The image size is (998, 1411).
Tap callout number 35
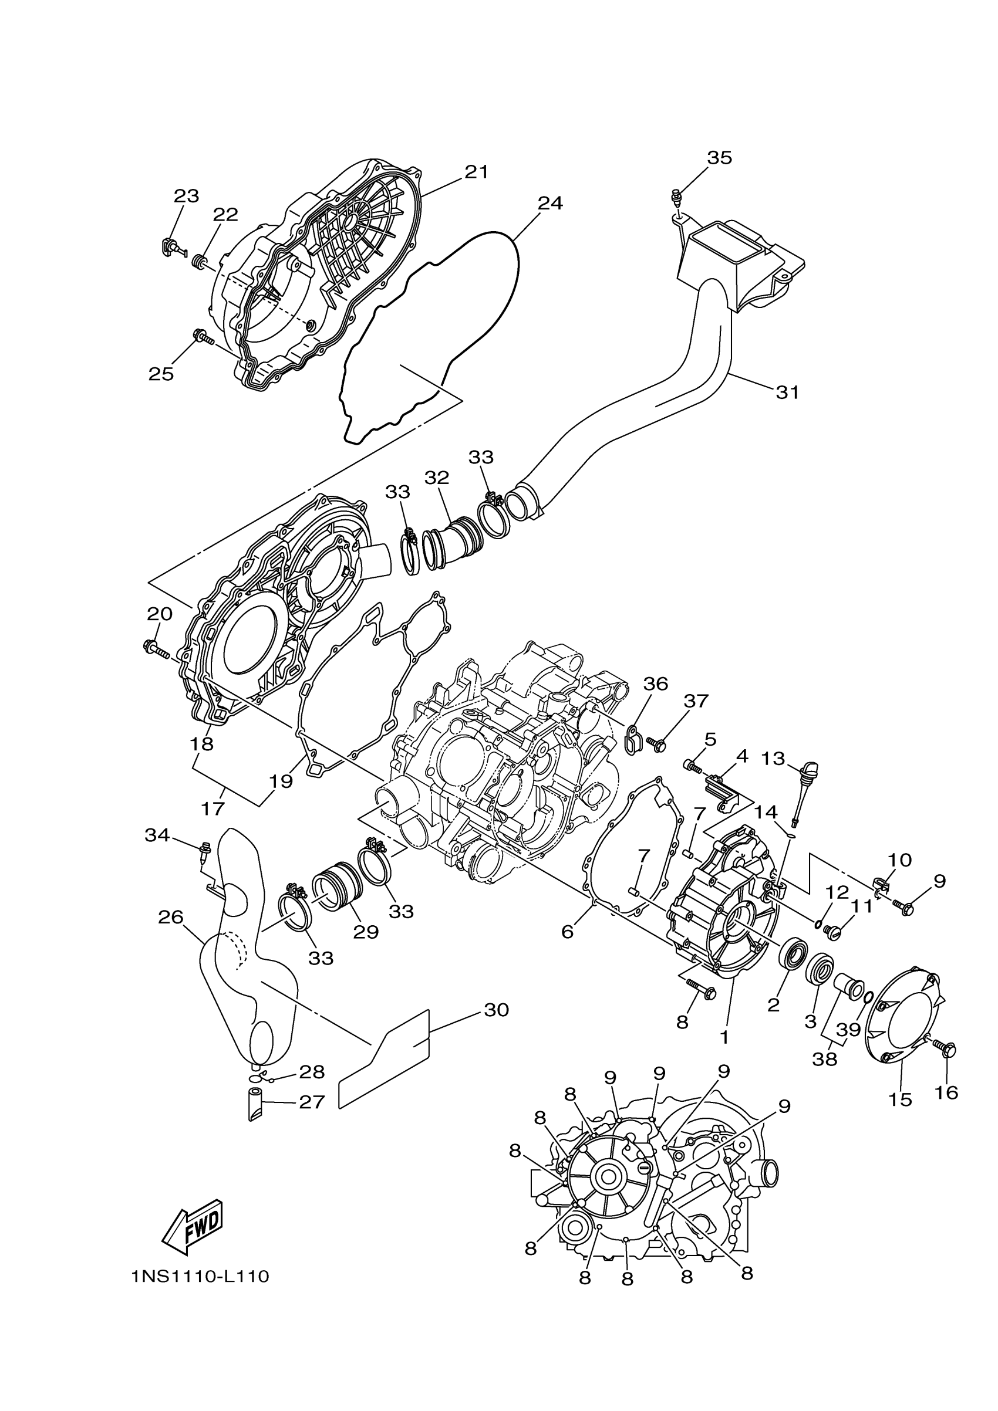point(720,158)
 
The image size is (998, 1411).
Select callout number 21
point(477,172)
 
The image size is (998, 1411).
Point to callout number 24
point(549,204)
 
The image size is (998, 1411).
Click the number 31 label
point(787,392)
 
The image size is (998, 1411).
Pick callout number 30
point(496,1010)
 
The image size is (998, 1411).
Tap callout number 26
point(170,918)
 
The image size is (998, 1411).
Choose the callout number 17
point(213,808)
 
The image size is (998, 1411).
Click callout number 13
point(773,759)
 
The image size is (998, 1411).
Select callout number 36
point(656,684)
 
